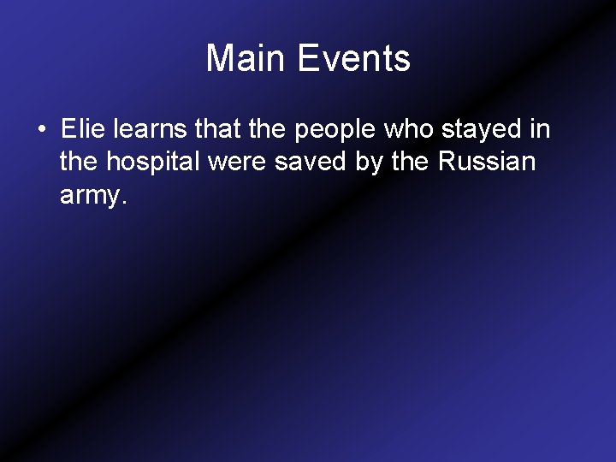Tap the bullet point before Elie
(x=41, y=131)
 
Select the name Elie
(x=80, y=130)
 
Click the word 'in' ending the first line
(x=540, y=130)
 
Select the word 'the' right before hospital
(x=80, y=163)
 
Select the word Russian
(x=488, y=163)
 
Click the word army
(x=90, y=197)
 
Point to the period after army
(x=125, y=202)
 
